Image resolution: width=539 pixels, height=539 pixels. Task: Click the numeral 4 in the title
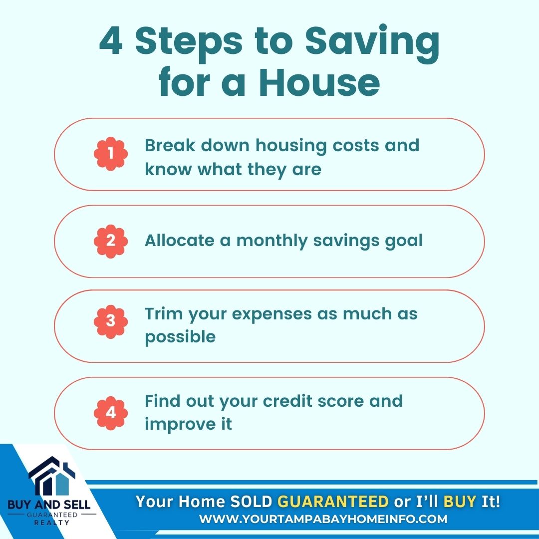[111, 41]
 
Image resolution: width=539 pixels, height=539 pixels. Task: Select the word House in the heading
[319, 82]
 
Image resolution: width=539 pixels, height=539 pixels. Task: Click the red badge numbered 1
[111, 154]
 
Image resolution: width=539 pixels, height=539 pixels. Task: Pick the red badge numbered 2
[111, 242]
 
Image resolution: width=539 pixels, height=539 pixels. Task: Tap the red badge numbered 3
[111, 321]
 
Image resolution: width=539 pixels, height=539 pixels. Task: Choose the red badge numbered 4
[111, 413]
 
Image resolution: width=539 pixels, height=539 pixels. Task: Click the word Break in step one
[170, 145]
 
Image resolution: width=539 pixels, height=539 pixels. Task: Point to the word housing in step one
[291, 146]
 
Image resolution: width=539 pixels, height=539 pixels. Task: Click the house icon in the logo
[51, 476]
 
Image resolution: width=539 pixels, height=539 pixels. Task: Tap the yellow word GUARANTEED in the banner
[333, 502]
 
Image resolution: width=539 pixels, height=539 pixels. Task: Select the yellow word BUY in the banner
[460, 502]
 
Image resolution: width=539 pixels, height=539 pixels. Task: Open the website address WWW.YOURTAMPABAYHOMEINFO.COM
[323, 519]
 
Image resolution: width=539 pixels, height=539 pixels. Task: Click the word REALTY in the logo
[51, 523]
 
